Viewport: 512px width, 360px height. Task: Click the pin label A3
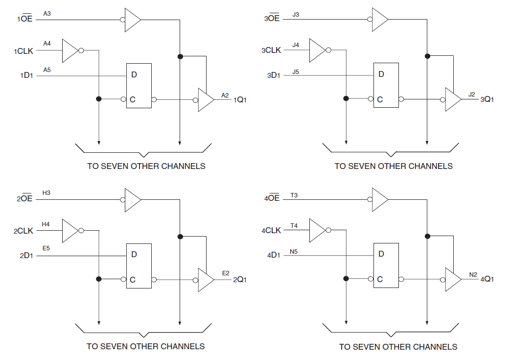point(47,14)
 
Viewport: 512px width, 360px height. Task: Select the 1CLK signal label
point(23,51)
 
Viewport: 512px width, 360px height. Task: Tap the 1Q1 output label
point(240,100)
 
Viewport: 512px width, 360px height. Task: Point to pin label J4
point(296,45)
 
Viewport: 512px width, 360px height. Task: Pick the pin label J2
point(472,94)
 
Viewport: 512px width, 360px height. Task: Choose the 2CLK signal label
point(23,231)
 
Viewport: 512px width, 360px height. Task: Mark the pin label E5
point(46,248)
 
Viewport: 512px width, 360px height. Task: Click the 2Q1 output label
point(239,280)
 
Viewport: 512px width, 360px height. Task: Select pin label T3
point(294,195)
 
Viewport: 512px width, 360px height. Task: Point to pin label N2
point(473,275)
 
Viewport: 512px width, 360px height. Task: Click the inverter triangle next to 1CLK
point(70,50)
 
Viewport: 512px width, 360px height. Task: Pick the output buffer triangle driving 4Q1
point(453,279)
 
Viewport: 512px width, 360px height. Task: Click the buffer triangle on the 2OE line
point(132,200)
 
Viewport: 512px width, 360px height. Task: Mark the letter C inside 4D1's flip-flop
point(380,280)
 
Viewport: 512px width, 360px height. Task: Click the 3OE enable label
point(272,19)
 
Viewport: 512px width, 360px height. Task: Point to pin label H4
point(46,224)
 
